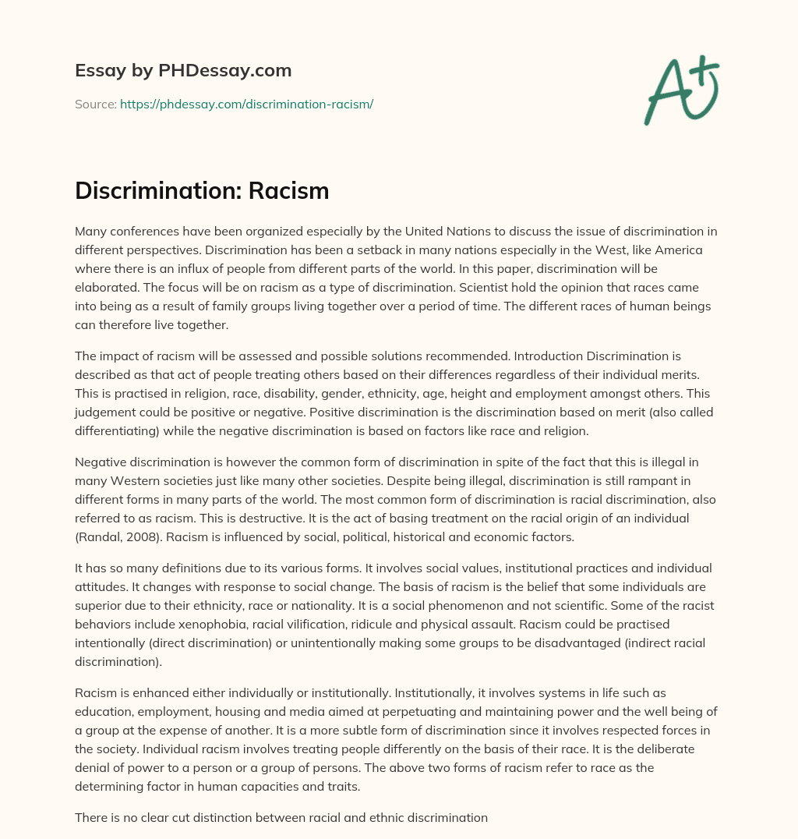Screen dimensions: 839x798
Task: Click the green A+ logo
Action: click(x=681, y=90)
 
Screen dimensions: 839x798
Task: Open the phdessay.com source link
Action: click(x=246, y=104)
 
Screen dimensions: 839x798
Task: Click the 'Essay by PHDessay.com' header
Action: click(x=183, y=71)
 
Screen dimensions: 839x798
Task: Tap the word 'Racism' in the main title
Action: click(x=288, y=190)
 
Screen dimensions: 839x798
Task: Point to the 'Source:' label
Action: click(x=95, y=104)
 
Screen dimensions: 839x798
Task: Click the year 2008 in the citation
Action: click(x=140, y=537)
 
